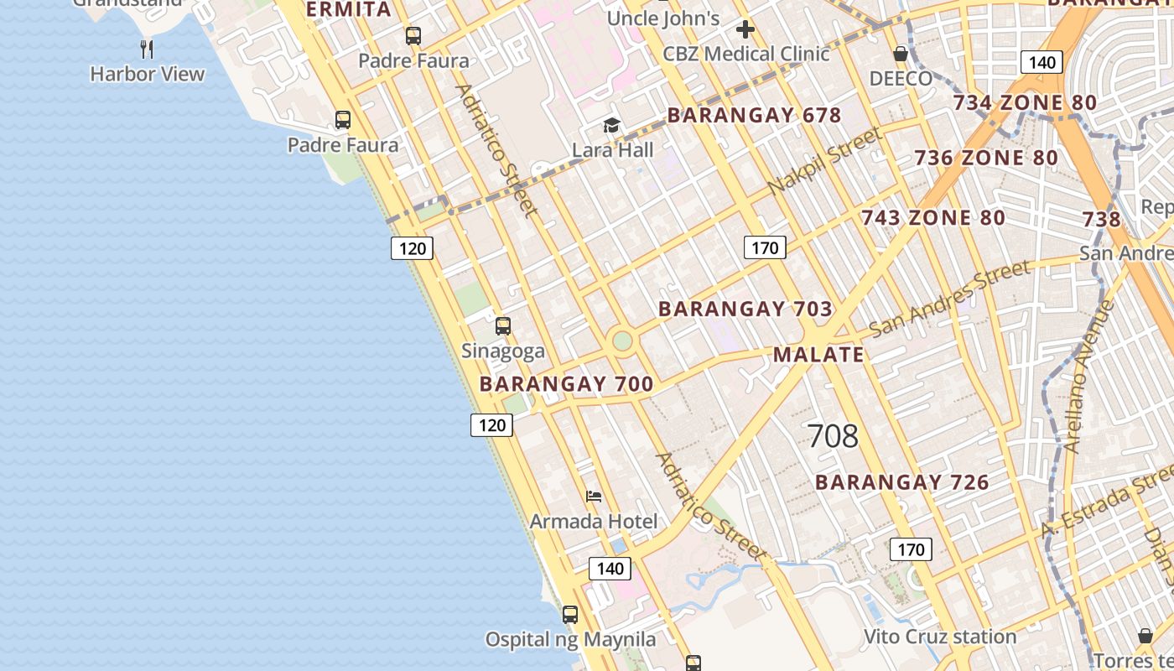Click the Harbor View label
(x=148, y=74)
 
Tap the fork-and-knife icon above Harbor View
(x=148, y=49)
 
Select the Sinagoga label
(x=503, y=351)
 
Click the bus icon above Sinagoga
(x=503, y=326)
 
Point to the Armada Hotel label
(x=594, y=521)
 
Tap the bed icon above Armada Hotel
(x=594, y=497)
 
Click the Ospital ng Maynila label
(x=571, y=639)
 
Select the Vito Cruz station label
(x=940, y=637)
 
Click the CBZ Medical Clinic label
(x=745, y=54)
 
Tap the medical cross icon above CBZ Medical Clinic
(x=745, y=30)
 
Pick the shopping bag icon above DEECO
(x=901, y=55)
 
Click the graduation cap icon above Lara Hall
(x=612, y=126)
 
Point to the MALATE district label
(x=818, y=354)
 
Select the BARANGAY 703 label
(x=745, y=309)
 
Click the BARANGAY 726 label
(x=902, y=482)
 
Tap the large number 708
(x=833, y=436)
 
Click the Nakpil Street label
(x=825, y=161)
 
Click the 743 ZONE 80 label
(x=933, y=218)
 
